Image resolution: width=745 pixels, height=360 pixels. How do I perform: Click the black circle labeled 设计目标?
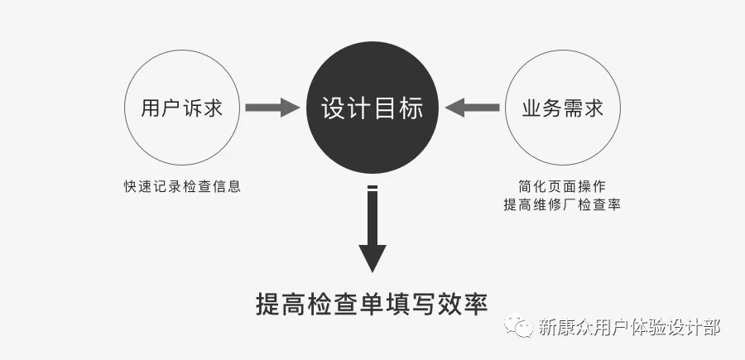point(372,108)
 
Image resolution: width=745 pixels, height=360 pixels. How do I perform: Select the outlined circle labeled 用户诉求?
point(182,108)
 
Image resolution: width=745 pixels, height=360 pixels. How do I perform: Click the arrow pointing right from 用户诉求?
point(272,108)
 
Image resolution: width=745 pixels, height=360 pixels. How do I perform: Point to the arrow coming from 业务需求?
point(472,108)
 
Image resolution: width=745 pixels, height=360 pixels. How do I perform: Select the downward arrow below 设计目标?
point(372,228)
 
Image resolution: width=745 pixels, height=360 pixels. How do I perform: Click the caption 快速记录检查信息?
point(182,186)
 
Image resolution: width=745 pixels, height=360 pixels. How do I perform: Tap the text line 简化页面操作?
point(562,186)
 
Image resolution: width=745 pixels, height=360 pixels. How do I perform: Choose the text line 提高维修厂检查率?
point(562,205)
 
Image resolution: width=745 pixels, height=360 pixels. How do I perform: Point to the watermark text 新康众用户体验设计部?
point(629,327)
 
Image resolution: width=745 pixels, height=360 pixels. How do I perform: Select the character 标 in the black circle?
point(411,108)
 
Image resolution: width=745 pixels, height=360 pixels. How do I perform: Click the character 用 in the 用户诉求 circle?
point(151,108)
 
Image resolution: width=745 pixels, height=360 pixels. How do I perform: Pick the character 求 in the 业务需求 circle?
point(593,108)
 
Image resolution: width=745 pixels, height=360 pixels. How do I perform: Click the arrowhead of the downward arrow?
point(372,257)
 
